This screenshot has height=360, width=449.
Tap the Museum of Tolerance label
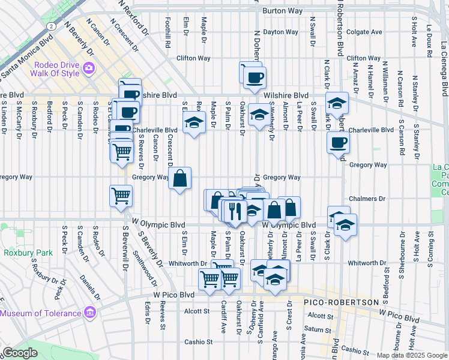[41, 313]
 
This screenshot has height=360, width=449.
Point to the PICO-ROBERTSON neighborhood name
[340, 302]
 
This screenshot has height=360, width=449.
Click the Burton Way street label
[280, 11]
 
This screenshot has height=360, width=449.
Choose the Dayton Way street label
[281, 32]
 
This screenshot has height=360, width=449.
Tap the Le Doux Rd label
[430, 36]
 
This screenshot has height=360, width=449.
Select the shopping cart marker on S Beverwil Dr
[121, 195]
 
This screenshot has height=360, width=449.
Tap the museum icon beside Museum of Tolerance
[90, 313]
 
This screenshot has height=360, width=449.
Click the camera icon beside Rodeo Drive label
[89, 67]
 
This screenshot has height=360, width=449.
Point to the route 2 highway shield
[52, 27]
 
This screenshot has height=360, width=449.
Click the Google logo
[20, 353]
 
